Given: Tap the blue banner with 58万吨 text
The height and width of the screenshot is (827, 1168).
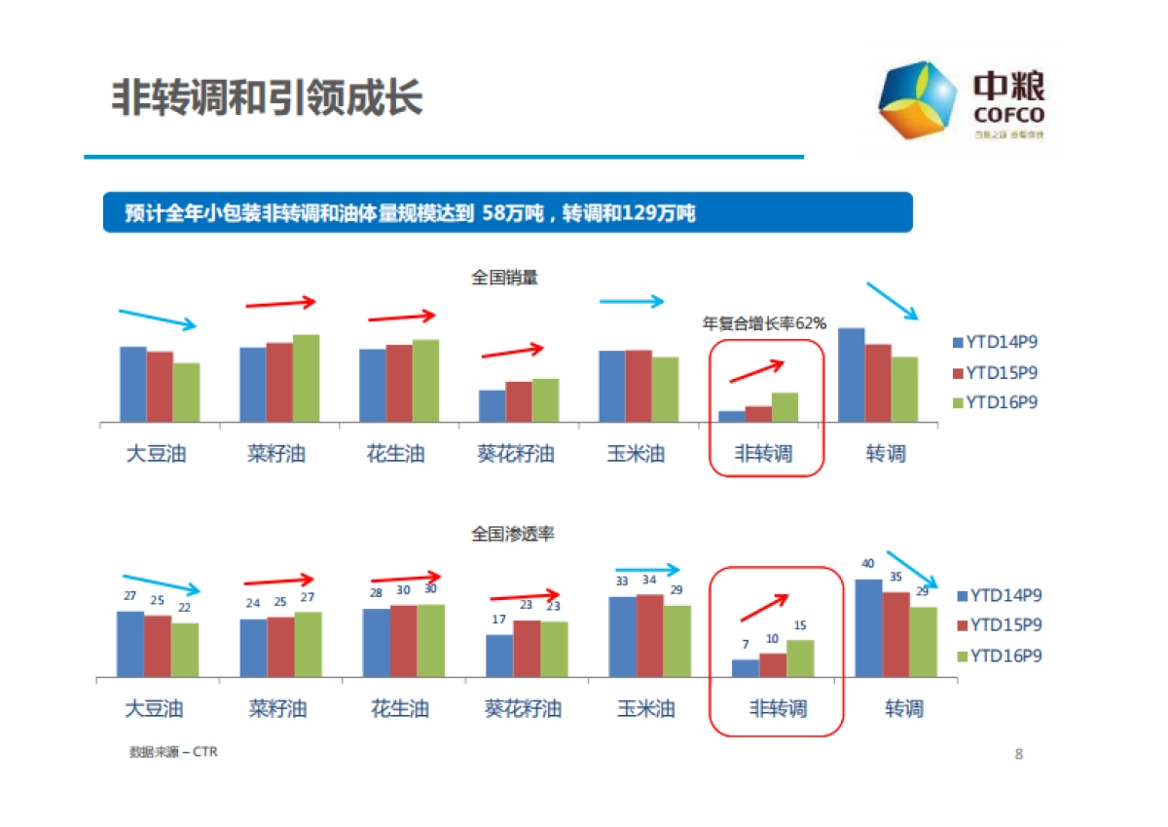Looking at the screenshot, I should pyautogui.click(x=507, y=212).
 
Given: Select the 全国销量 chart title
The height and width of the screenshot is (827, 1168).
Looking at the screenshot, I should pyautogui.click(x=504, y=278).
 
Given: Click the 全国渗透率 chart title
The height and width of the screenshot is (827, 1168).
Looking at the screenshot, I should pyautogui.click(x=512, y=534).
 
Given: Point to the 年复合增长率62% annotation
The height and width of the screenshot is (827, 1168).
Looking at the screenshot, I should pyautogui.click(x=764, y=323).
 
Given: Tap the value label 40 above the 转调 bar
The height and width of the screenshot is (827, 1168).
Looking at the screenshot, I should pyautogui.click(x=868, y=564).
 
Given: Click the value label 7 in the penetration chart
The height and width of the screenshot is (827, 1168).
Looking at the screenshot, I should pyautogui.click(x=745, y=644).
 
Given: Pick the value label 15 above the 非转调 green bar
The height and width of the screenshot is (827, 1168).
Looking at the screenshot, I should pyautogui.click(x=800, y=625).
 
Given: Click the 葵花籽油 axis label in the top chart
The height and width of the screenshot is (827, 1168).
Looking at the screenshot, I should pyautogui.click(x=516, y=454).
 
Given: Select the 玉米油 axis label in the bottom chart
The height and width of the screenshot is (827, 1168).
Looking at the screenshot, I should pyautogui.click(x=645, y=709).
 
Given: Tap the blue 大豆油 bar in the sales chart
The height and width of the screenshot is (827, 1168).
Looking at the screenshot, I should pyautogui.click(x=133, y=384).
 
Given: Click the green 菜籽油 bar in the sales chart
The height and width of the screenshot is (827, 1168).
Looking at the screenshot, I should pyautogui.click(x=306, y=378).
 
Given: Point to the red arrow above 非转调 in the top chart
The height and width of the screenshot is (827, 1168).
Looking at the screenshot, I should pyautogui.click(x=756, y=370).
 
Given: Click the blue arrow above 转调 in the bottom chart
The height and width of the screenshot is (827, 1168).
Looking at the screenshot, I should pyautogui.click(x=912, y=570).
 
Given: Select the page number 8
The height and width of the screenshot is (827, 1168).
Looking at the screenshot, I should pyautogui.click(x=1018, y=754).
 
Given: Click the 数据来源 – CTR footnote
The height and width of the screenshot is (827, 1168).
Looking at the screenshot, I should pyautogui.click(x=172, y=752).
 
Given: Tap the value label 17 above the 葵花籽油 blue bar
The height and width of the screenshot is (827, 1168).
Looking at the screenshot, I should pyautogui.click(x=499, y=620).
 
